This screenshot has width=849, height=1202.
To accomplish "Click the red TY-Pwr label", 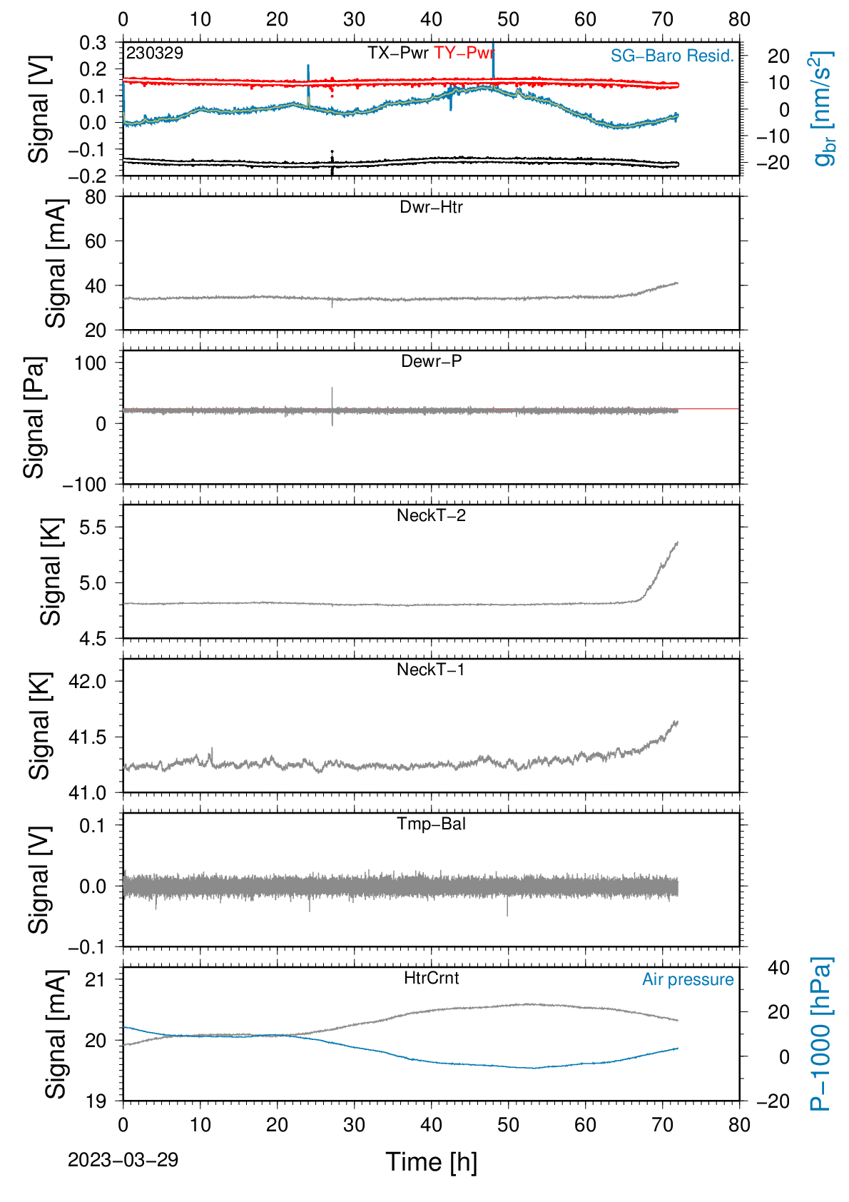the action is pos(464,53).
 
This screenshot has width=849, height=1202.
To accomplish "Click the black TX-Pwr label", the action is pos(398,53).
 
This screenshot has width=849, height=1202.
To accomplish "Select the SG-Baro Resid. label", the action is pos(672,56).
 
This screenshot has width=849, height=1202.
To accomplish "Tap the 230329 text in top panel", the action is pos(155,53).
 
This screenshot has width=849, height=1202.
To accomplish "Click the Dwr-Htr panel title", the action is pos(431,207).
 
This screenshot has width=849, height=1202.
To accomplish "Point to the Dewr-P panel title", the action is pos(431,361).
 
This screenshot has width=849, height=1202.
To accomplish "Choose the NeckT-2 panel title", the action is pos(431,515).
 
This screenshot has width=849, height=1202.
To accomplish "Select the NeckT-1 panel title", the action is pos(431,669).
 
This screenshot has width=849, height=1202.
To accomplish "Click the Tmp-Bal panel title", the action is pos(431,824).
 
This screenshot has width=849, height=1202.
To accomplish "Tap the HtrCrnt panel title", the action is pos(431,978).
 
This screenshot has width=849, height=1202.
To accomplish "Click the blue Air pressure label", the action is pos(688,980).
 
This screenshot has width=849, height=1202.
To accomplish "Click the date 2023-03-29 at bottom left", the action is pos(123,1160).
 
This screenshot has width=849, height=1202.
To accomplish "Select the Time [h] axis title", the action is pos(431,1162).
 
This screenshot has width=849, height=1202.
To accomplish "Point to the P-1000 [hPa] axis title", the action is pos(820,1034).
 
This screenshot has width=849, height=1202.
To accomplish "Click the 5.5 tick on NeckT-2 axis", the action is pos(93,527).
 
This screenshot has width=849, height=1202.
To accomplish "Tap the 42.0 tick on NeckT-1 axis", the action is pos(88,682).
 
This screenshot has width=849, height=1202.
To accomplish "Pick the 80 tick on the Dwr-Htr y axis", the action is pos(96,198).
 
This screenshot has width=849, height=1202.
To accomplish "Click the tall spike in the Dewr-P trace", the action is pos(332,406).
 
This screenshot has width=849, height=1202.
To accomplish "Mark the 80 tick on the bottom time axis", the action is pos(739,1125).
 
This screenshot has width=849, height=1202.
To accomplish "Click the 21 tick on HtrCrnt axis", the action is pos(96,981).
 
